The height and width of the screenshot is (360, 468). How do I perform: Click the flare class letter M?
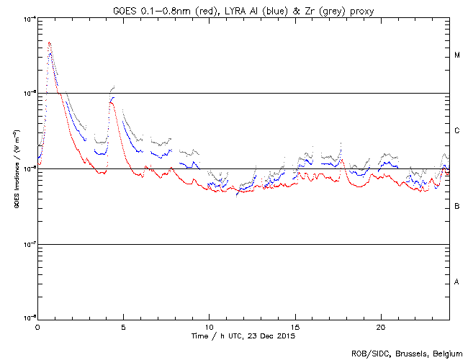457,55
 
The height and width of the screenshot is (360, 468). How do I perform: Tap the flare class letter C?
457,131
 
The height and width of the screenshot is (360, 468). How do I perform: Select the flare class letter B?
457,207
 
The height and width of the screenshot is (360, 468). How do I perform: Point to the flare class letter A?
457,282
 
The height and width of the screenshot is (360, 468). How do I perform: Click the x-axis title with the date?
243,336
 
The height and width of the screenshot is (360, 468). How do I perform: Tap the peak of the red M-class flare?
49,42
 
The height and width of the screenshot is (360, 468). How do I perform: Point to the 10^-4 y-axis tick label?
30,18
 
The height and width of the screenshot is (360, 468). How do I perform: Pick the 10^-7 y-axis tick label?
30,244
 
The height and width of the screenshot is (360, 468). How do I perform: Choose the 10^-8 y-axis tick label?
30,318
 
